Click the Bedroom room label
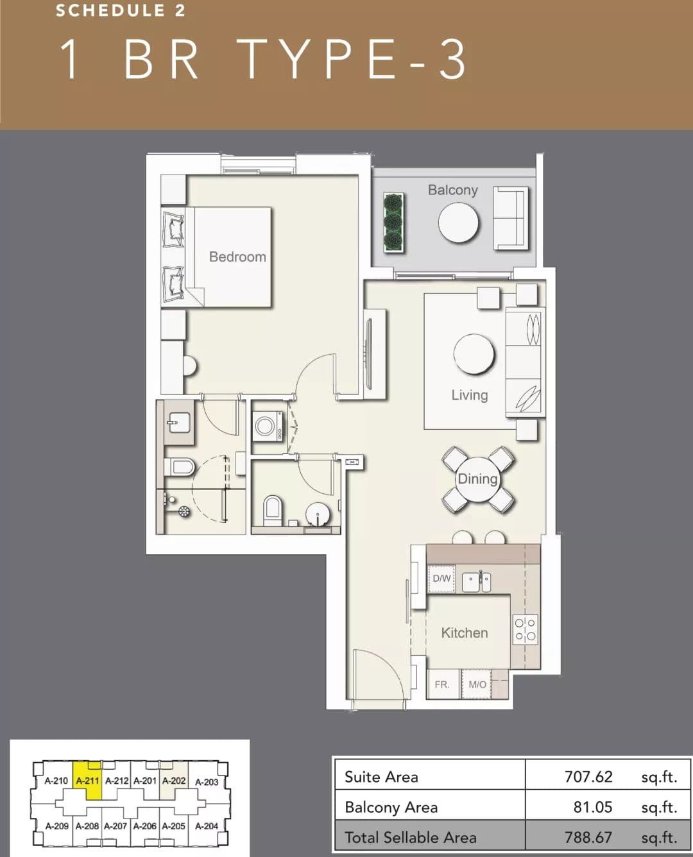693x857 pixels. pyautogui.click(x=237, y=257)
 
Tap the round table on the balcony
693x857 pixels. pyautogui.click(x=458, y=223)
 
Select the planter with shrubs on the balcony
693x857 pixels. pyautogui.click(x=393, y=223)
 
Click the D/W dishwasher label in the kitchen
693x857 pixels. pyautogui.click(x=441, y=579)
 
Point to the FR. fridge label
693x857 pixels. pyautogui.click(x=442, y=684)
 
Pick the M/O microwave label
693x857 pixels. pyautogui.click(x=477, y=684)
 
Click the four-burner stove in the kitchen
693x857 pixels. pyautogui.click(x=525, y=630)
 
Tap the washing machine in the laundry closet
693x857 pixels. pyautogui.click(x=268, y=426)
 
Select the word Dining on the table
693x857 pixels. pyautogui.click(x=477, y=479)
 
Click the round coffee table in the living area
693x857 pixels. pyautogui.click(x=474, y=355)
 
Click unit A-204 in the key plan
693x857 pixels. pyautogui.click(x=207, y=826)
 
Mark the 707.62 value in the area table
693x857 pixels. pyautogui.click(x=588, y=777)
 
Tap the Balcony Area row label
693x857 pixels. pyautogui.click(x=391, y=807)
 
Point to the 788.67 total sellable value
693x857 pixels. pyautogui.click(x=588, y=837)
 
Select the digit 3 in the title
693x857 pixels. pyautogui.click(x=452, y=59)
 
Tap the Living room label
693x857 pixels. pyautogui.click(x=470, y=395)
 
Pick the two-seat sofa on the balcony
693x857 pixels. pyautogui.click(x=510, y=217)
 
